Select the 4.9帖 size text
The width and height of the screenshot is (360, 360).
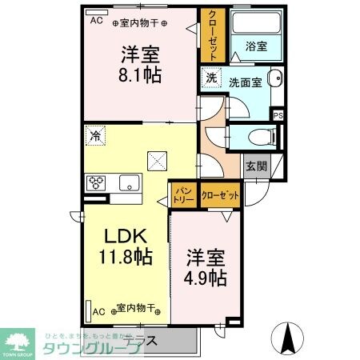206,278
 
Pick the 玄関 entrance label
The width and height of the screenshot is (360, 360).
256,166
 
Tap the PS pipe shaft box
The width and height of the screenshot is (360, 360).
278,116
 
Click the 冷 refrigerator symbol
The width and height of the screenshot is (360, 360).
95,137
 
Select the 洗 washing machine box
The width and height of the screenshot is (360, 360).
210,78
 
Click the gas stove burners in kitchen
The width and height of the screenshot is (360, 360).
97,182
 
